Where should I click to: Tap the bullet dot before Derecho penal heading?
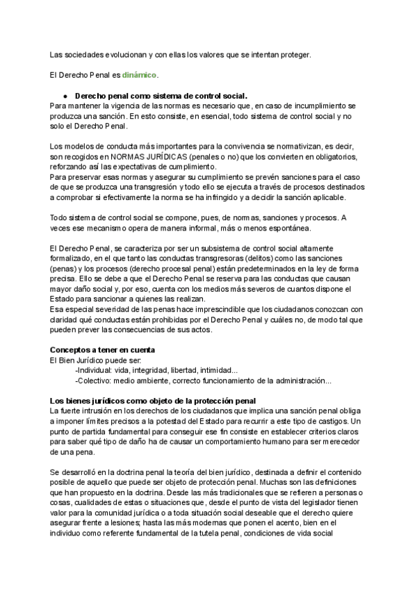[64, 95]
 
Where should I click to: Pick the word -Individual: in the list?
[95, 370]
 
